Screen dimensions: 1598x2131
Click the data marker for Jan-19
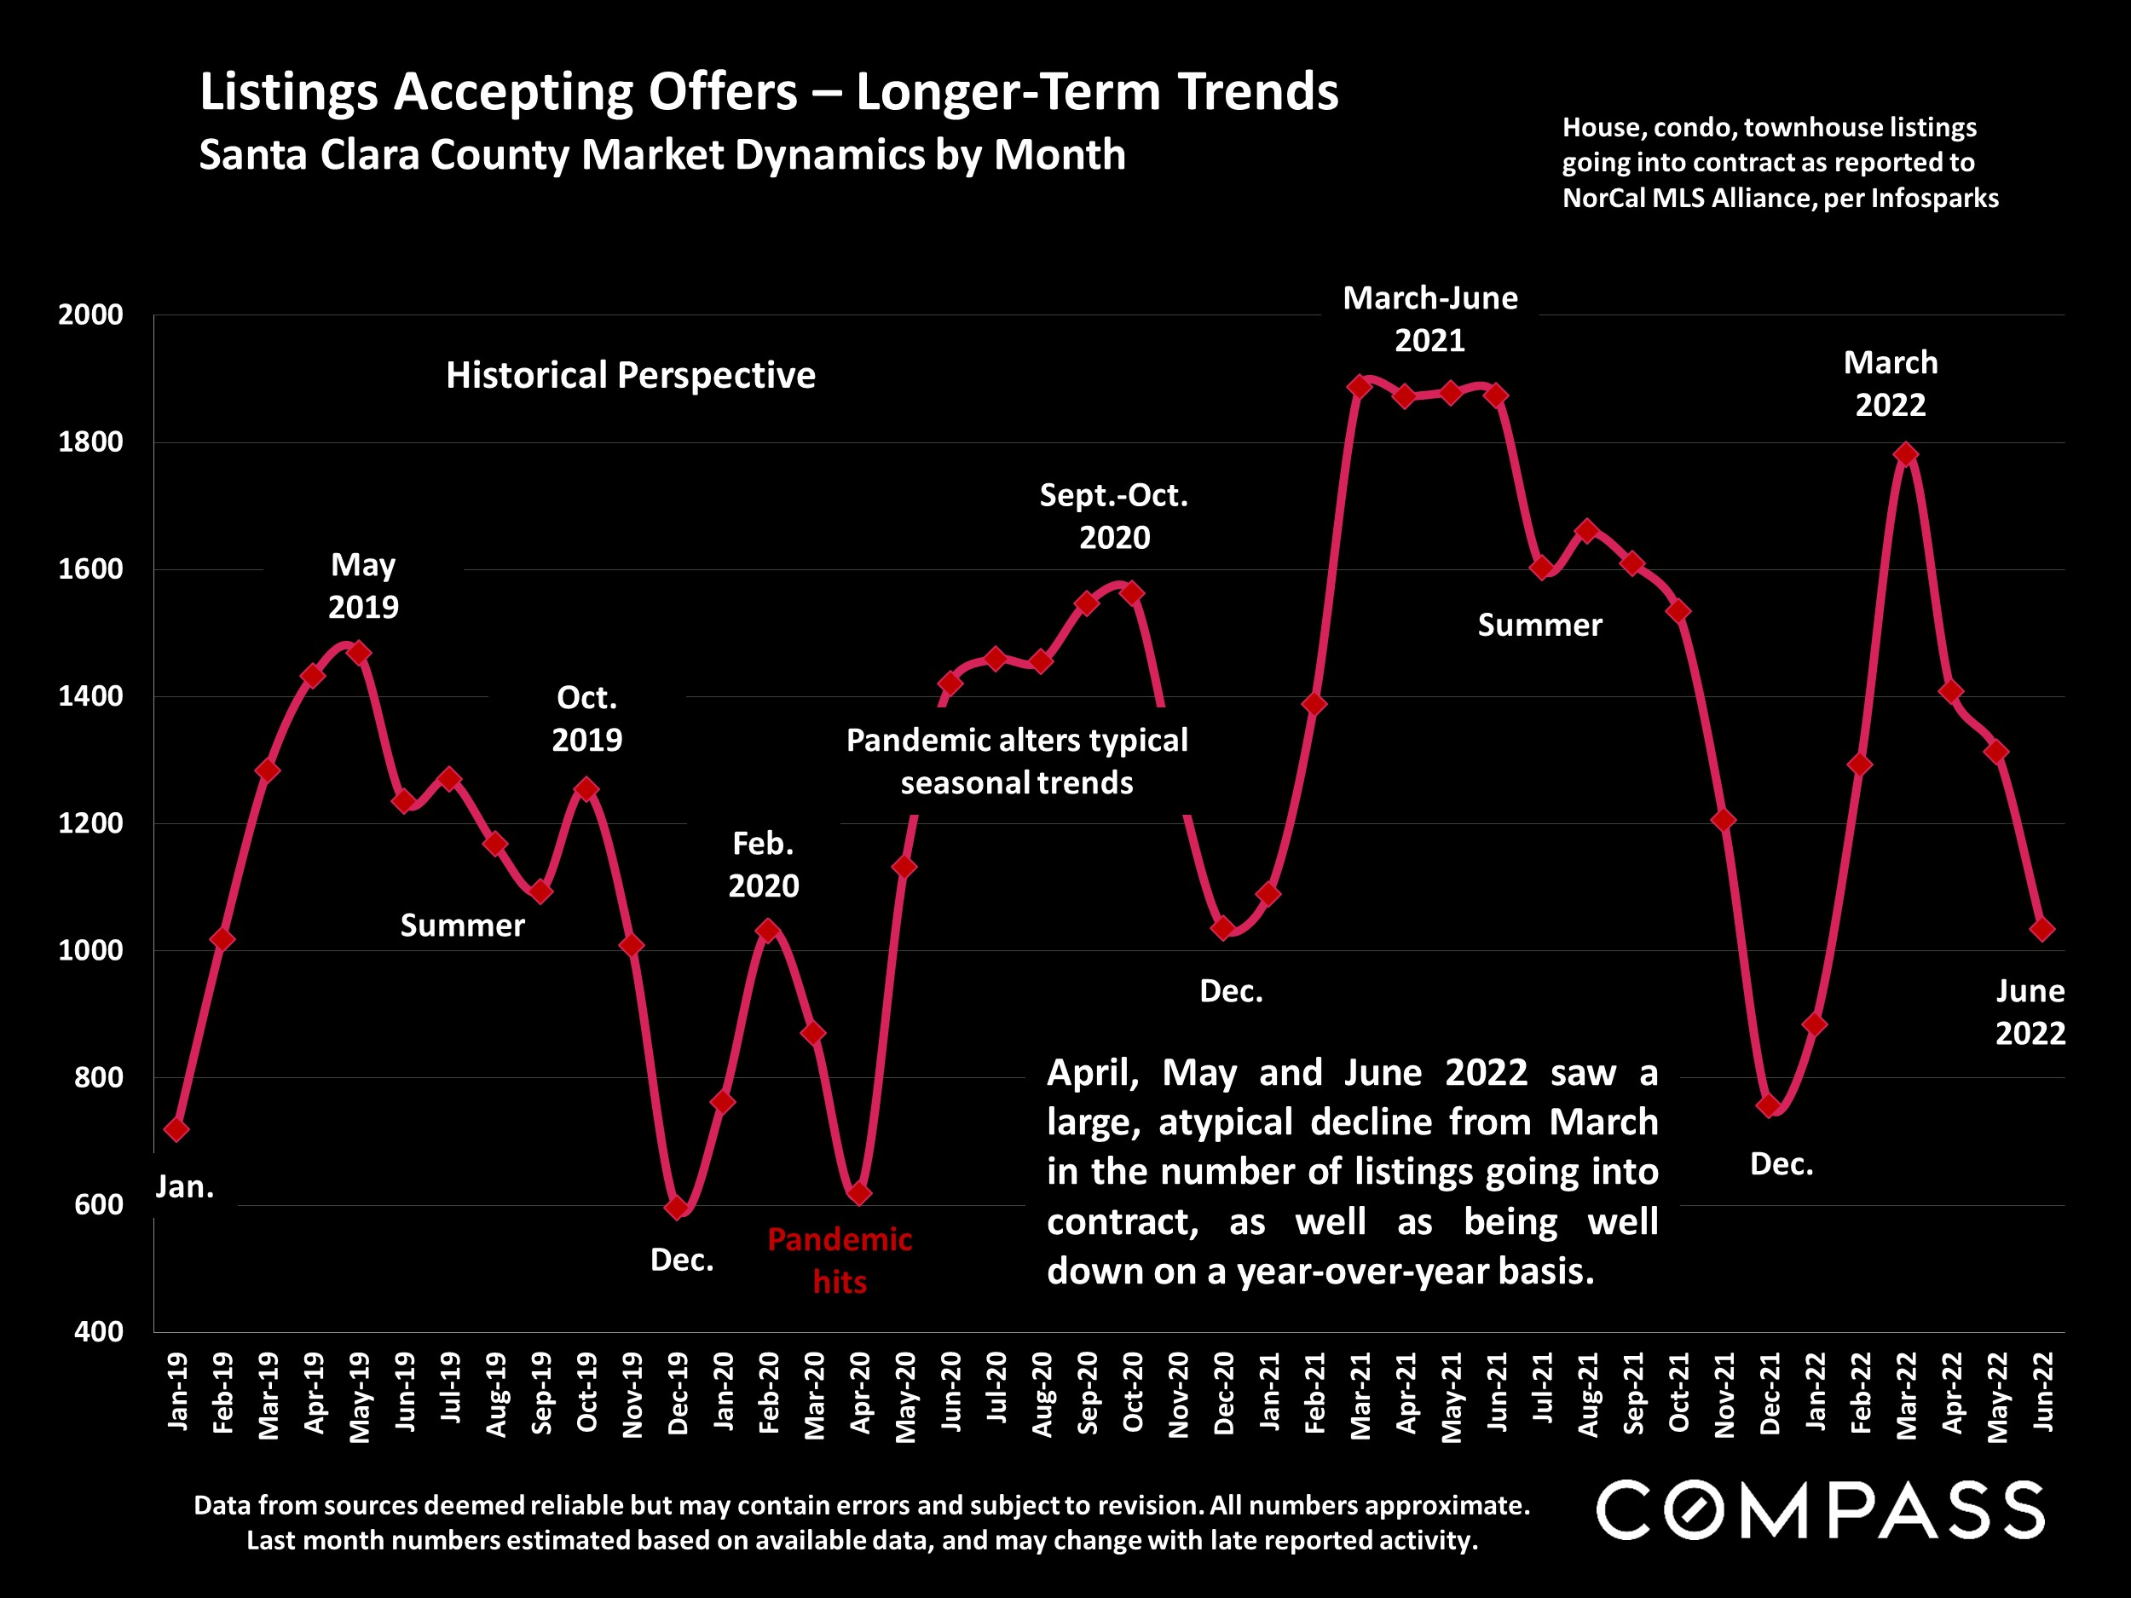click(x=176, y=1129)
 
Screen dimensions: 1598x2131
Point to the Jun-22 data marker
click(x=2041, y=930)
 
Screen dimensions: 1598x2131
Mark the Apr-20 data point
click(x=859, y=1193)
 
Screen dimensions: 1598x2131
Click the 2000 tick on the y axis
click(x=90, y=315)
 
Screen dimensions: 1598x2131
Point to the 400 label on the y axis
click(x=99, y=1332)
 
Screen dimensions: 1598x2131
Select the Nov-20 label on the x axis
click(x=1178, y=1393)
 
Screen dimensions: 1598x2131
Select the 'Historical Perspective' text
click(x=630, y=375)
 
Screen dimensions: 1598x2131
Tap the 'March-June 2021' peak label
click(x=1429, y=319)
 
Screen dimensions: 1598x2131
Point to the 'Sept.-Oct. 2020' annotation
click(x=1114, y=516)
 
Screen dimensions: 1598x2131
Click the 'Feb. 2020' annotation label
click(x=763, y=864)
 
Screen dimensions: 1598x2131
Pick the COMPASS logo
click(x=1820, y=1509)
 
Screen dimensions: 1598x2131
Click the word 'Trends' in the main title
click(x=1258, y=92)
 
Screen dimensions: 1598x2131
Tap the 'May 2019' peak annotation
click(x=363, y=585)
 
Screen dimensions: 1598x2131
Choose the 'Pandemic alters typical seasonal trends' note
click(x=1016, y=761)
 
